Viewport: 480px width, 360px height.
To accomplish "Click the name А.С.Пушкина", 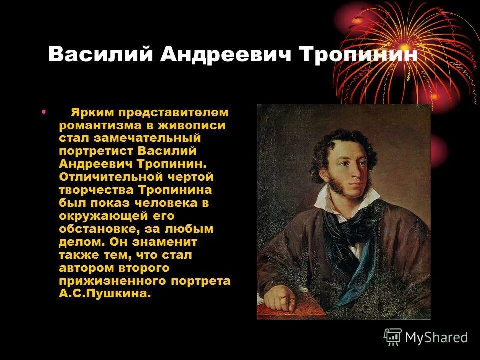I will point(104,294).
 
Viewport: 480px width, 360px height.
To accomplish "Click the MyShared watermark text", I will point(436,337).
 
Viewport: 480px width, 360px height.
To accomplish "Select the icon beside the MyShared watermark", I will point(393,337).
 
